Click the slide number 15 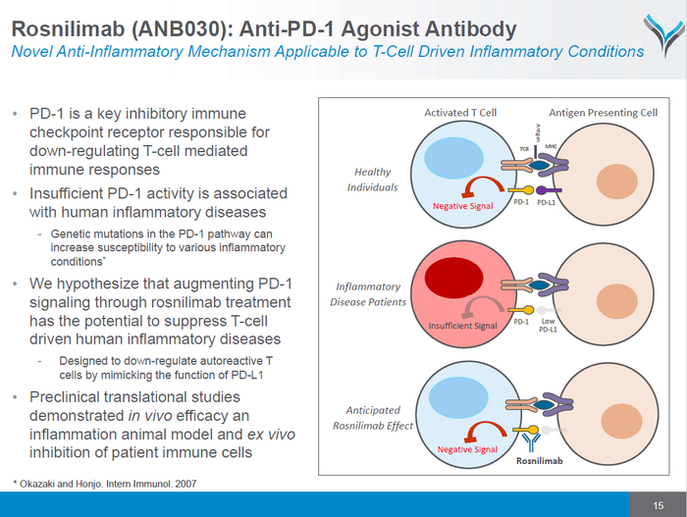click(644, 504)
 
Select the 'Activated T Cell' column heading click(460, 113)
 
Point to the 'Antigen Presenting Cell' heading click(603, 113)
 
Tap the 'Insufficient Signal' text click(463, 326)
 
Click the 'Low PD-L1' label click(547, 325)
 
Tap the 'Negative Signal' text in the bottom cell click(465, 449)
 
